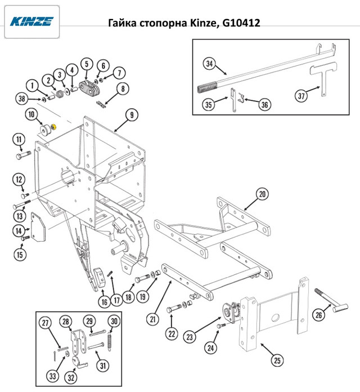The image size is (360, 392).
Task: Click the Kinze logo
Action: [x=31, y=21]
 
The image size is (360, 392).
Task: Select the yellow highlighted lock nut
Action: [x=53, y=127]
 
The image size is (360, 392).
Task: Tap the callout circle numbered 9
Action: [x=132, y=115]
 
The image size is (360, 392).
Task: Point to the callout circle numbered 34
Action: [x=209, y=64]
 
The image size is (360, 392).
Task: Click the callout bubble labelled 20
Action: [x=262, y=194]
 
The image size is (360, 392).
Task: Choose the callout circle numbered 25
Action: [x=277, y=360]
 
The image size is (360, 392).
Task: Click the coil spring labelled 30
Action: [x=109, y=342]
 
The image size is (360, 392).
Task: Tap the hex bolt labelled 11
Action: [x=24, y=154]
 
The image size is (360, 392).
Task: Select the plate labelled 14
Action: [x=38, y=227]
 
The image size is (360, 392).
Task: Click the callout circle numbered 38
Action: [x=22, y=99]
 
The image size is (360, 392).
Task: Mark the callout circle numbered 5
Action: [x=87, y=64]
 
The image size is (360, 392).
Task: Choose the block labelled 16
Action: [x=100, y=278]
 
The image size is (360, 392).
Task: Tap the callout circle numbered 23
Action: [x=190, y=337]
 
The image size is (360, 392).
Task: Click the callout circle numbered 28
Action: [x=65, y=322]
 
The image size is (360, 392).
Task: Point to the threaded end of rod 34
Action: [x=207, y=88]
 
